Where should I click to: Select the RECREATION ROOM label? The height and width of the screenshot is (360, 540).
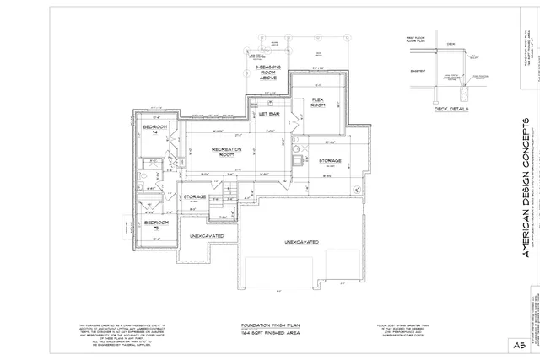coord(226,153)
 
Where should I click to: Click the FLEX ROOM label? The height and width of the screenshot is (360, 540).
coord(319,102)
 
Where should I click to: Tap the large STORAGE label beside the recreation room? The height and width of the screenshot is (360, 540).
coord(330,160)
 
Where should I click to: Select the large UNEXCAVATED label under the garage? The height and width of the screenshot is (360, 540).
coord(300,242)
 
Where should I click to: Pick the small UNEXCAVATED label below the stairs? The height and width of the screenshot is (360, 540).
coord(206,236)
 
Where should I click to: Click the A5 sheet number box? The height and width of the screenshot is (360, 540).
coord(516,344)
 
